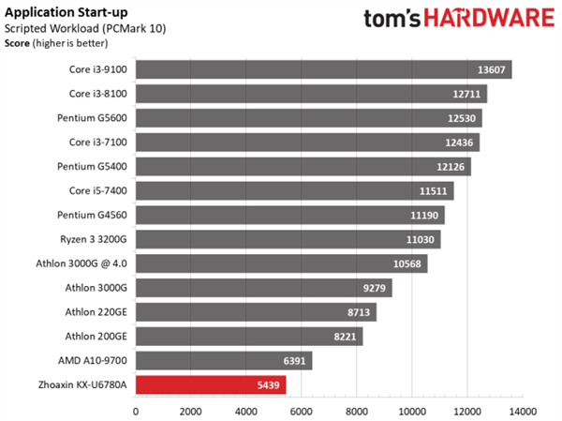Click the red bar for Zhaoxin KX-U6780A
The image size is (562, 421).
click(x=211, y=384)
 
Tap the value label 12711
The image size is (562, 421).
click(x=466, y=94)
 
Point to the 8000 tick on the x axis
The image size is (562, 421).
click(x=357, y=411)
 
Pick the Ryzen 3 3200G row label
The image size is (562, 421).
click(x=96, y=239)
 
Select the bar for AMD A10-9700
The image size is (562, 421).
click(x=224, y=360)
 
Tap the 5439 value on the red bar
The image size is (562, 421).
click(x=268, y=384)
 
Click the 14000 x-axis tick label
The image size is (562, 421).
click(x=523, y=411)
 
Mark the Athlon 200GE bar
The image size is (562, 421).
click(x=249, y=336)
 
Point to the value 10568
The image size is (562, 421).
click(x=410, y=263)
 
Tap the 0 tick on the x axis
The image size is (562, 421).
click(x=136, y=411)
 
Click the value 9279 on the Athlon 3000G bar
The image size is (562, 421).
click(x=376, y=288)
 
